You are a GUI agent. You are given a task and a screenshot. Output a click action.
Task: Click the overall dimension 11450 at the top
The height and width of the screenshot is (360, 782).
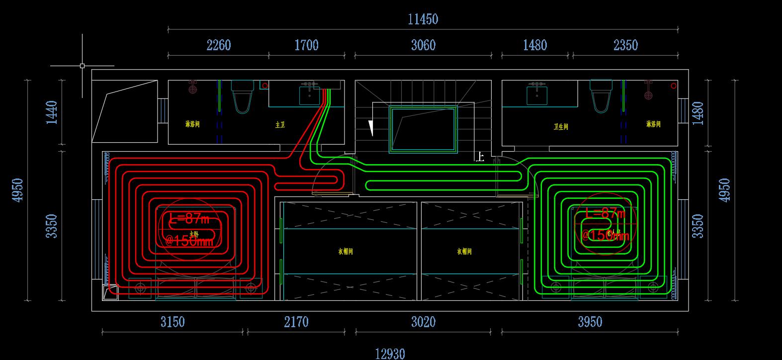coord(423,19)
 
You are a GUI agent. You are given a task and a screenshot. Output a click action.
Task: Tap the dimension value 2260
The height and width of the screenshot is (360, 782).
coord(218,45)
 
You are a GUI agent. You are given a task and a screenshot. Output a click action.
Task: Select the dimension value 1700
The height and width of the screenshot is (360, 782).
coord(306,45)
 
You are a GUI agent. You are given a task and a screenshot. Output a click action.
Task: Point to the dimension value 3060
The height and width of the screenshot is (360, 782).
coord(423,45)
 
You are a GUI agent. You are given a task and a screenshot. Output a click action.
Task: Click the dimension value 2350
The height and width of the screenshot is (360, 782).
coord(625,45)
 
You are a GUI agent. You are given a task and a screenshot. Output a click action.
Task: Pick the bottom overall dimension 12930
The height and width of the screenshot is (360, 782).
coord(390,354)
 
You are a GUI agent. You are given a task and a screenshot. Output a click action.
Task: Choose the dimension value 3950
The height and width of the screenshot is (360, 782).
coord(590,322)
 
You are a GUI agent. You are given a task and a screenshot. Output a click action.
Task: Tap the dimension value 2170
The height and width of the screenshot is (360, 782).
coord(296,322)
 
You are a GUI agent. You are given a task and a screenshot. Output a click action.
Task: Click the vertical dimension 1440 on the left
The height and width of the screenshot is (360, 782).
coord(52,112)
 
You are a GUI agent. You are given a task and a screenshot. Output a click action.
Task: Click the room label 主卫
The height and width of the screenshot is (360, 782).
coord(280,125)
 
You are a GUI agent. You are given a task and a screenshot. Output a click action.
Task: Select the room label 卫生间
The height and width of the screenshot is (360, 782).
coord(560,127)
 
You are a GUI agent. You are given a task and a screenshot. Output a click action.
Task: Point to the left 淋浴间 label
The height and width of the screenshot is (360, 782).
coord(192,124)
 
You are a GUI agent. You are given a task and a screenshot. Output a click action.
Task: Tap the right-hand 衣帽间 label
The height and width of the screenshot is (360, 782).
coord(464,252)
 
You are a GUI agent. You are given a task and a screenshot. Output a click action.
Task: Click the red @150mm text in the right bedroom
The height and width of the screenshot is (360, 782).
coord(605,235)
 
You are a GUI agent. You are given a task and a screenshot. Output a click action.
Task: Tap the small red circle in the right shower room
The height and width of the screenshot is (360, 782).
coord(674,86)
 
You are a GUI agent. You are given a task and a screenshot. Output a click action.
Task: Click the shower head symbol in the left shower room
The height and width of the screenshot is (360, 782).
coord(193,89)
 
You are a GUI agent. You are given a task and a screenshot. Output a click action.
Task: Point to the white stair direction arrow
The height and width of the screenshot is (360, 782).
coord(370,128)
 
